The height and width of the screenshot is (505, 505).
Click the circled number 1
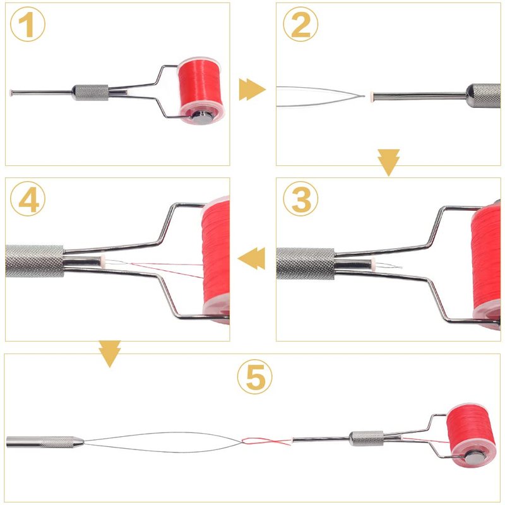(28, 24)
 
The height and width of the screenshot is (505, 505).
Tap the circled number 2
(300, 24)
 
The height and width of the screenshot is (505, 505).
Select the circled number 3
(300, 199)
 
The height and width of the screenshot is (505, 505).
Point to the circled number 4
(28, 199)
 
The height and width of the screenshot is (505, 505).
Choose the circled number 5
(255, 376)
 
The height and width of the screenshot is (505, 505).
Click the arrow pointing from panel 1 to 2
(252, 90)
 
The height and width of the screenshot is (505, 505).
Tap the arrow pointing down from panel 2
(389, 163)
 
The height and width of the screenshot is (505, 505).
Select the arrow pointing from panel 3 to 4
(251, 258)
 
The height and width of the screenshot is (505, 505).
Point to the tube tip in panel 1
(11, 93)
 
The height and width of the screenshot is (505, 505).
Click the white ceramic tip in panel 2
(372, 96)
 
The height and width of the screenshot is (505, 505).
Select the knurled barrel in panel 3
(306, 263)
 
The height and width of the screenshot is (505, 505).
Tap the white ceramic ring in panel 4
(103, 259)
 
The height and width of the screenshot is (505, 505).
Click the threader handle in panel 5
(45, 442)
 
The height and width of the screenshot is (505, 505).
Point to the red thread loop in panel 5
(266, 441)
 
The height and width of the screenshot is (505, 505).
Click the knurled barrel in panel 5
(367, 438)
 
